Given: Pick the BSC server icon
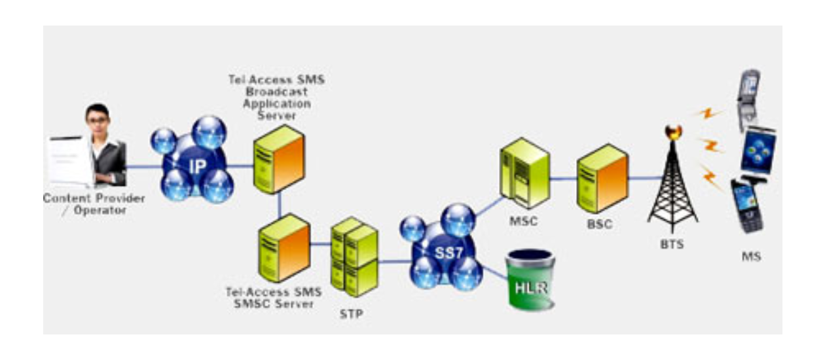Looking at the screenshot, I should [x=602, y=175].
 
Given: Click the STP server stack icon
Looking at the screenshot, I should [x=354, y=255].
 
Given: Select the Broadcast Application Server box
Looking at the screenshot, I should [x=279, y=159].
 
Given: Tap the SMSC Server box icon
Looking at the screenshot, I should [x=284, y=247].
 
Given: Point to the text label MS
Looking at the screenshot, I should [x=751, y=257].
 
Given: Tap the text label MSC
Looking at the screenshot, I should [x=523, y=221].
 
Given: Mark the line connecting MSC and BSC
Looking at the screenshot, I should [x=562, y=177].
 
